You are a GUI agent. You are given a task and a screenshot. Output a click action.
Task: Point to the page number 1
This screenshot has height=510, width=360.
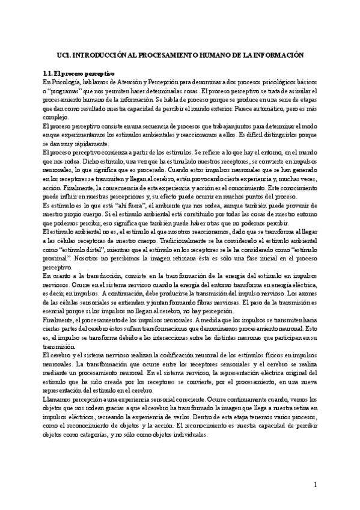coord(315,485)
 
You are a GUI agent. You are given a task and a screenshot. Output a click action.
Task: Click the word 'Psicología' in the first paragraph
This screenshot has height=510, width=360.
coord(65,81)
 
